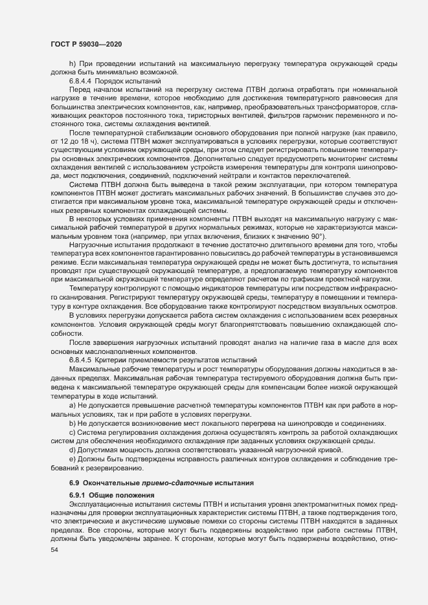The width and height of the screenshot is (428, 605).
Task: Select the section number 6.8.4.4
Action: [x=82, y=82]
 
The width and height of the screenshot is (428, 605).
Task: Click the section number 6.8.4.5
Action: [x=82, y=358]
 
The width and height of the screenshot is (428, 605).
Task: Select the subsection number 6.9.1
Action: [x=78, y=494]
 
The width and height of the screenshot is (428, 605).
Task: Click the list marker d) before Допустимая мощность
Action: [x=73, y=450]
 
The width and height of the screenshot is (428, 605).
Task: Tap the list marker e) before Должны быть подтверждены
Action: [x=73, y=459]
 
